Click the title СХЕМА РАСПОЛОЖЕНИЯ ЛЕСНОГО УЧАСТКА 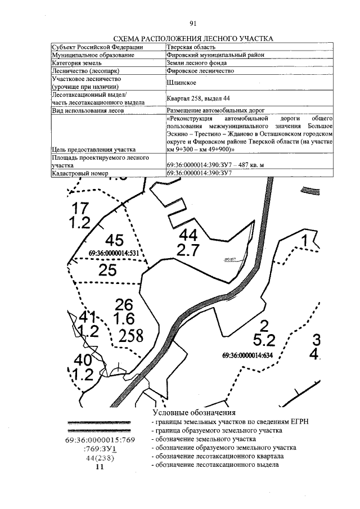pos(193,39)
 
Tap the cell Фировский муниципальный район pos(215,55)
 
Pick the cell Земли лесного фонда pos(196,64)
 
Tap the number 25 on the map pos(107,271)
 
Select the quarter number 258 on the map pos(132,336)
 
